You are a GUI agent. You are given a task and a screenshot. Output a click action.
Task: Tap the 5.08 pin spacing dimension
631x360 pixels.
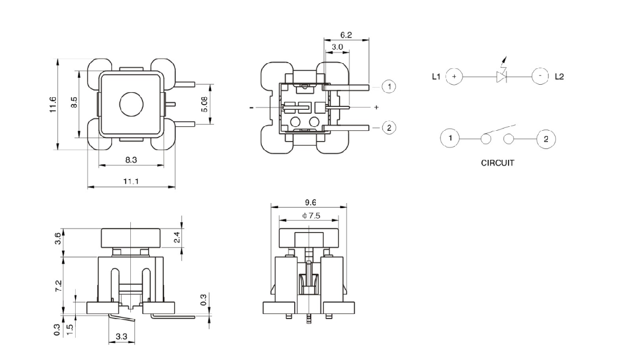[x=219, y=104]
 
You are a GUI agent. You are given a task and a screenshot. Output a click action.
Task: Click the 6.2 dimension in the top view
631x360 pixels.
[x=345, y=35]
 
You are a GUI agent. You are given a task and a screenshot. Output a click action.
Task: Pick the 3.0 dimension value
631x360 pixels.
[x=337, y=47]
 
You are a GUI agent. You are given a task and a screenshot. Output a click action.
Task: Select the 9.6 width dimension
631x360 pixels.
[x=311, y=202]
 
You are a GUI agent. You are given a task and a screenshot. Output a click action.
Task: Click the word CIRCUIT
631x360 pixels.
[x=497, y=163]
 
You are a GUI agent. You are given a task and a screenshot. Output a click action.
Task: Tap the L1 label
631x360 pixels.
[x=436, y=76]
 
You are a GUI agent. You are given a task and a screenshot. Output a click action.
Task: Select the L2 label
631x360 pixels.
[x=559, y=76]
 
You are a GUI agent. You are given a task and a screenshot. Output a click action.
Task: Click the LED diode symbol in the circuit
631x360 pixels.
[x=501, y=76]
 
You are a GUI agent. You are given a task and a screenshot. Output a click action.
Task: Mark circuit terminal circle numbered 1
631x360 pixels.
[x=450, y=138]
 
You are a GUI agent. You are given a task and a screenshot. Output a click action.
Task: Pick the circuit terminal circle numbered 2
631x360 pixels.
[x=546, y=138]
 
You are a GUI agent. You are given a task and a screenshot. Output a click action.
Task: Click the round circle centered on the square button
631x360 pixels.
[x=131, y=104]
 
